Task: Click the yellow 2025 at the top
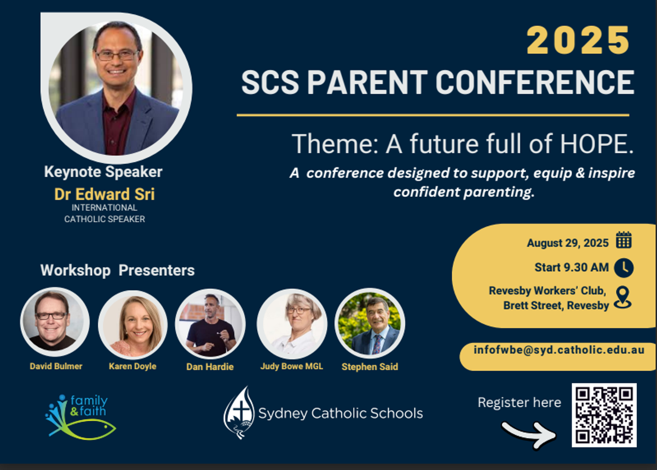tap(578, 40)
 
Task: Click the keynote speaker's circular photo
tap(117, 88)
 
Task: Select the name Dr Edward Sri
tap(105, 194)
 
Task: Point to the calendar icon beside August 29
tap(624, 240)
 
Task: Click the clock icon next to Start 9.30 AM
tap(624, 268)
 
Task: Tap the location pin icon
tap(623, 297)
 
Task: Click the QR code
tap(604, 415)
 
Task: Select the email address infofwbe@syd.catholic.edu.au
tap(559, 350)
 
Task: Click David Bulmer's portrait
tap(55, 322)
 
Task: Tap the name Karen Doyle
tap(132, 366)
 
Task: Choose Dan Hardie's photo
tap(210, 323)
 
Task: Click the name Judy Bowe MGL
tap(291, 366)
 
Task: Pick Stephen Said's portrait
tap(370, 323)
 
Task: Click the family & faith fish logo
tap(80, 417)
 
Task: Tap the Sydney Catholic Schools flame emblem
tap(239, 412)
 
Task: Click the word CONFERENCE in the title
tap(535, 82)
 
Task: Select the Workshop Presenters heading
tap(117, 270)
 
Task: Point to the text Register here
tap(519, 402)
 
